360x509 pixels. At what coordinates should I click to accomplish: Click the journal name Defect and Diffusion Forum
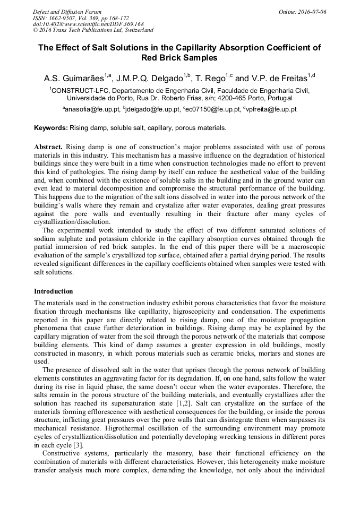point(67,12)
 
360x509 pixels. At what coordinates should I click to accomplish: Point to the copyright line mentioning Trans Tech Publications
point(93,30)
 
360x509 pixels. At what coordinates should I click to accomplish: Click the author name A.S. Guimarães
point(73,79)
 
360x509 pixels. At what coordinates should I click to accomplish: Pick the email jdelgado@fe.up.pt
point(154,109)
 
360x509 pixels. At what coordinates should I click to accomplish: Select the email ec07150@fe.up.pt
point(213,109)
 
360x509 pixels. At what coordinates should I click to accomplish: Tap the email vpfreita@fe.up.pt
point(271,109)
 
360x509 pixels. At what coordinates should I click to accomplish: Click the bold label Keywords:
point(51,128)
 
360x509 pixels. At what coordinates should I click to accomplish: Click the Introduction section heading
point(54,291)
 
